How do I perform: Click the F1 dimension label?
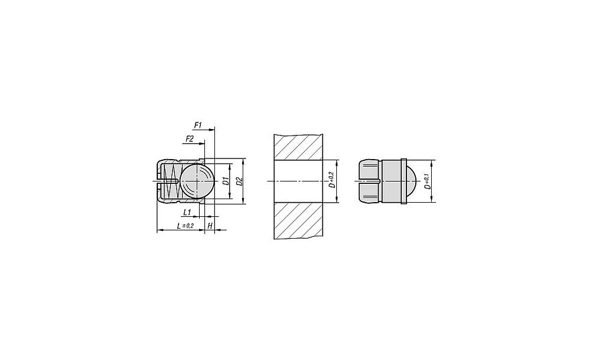(x=198, y=125)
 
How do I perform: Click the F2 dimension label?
(x=189, y=139)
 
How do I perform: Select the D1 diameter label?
(x=226, y=181)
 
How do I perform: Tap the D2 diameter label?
(x=240, y=181)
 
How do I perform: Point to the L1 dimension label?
(x=187, y=213)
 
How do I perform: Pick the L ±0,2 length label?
(x=185, y=226)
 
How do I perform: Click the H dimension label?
(x=210, y=226)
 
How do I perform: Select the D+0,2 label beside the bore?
(x=331, y=180)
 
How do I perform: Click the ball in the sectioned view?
(x=197, y=181)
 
